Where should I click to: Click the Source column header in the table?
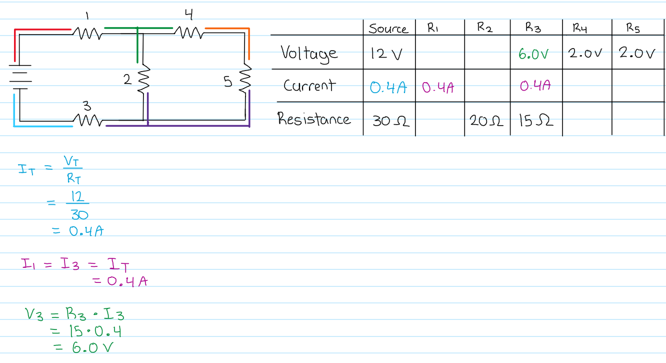point(388,29)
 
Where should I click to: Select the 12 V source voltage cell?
point(386,54)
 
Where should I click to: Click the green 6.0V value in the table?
point(533,54)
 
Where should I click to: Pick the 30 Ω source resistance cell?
point(390,121)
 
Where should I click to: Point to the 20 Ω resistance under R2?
point(486,121)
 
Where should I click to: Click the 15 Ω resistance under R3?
point(536,120)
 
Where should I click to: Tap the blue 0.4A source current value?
point(388,88)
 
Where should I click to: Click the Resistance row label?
point(313,119)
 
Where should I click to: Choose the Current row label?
point(309,86)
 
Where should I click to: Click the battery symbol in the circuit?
point(20,77)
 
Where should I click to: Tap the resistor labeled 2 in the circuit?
point(143,78)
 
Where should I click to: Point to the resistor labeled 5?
point(245,78)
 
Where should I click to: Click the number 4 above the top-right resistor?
point(189,15)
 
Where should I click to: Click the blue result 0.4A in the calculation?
point(86,231)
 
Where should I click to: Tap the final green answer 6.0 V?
point(92,347)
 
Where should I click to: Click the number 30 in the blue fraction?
point(79,215)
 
